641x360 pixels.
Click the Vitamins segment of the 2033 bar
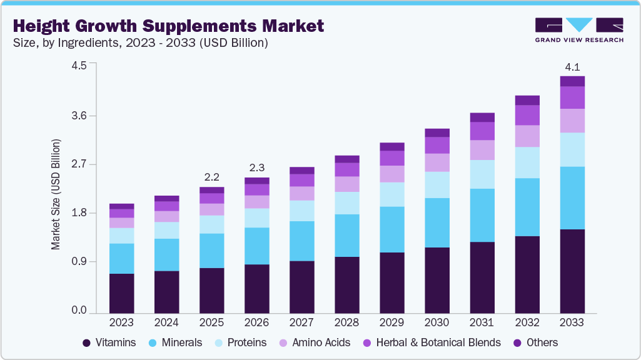click(572, 271)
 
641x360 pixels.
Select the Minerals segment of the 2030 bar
click(437, 222)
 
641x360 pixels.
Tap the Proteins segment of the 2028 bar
click(346, 203)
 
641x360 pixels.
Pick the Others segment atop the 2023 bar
click(121, 206)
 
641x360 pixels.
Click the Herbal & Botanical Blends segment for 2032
click(527, 115)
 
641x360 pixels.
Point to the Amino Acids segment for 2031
click(482, 150)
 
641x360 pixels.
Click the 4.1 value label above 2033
click(572, 66)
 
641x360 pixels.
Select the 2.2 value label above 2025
click(211, 177)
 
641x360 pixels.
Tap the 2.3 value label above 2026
click(256, 167)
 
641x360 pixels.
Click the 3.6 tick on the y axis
click(79, 116)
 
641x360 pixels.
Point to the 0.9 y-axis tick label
click(79, 261)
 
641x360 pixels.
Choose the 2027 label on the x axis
click(301, 322)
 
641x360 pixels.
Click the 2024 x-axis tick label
click(166, 322)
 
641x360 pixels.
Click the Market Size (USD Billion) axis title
click(56, 194)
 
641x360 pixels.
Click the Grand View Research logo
click(578, 30)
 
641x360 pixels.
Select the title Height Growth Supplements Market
click(168, 26)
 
